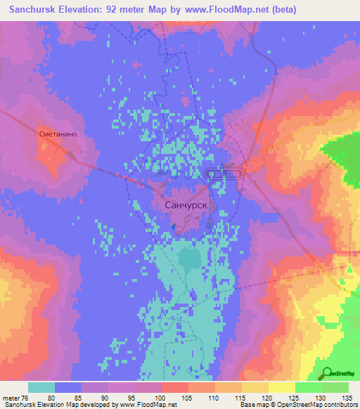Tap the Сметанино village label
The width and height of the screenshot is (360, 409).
57,131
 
